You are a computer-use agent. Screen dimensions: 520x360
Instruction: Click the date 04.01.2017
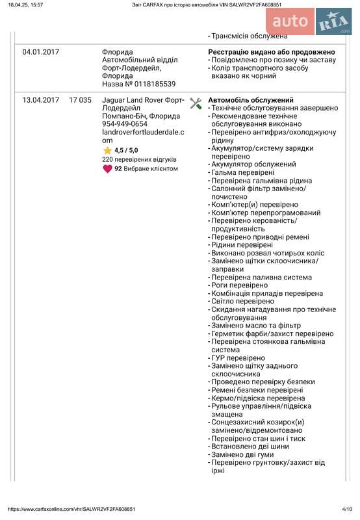click(x=40, y=51)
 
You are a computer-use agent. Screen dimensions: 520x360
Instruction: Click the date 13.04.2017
click(x=40, y=100)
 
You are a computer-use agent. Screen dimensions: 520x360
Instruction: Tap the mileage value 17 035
click(x=80, y=100)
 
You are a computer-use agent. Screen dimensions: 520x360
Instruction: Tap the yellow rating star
click(x=107, y=150)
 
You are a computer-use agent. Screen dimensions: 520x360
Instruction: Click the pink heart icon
click(x=107, y=168)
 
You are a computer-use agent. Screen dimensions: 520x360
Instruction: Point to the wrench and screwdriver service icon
click(x=196, y=103)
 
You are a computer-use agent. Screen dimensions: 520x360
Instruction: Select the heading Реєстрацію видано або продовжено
click(x=272, y=51)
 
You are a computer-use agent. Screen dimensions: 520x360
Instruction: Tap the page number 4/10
click(x=346, y=509)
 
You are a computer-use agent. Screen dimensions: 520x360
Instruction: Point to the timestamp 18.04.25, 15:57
click(x=25, y=4)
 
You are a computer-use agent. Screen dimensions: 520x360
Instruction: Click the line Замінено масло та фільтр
click(x=257, y=326)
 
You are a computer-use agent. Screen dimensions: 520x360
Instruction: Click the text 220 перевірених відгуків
click(x=140, y=159)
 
